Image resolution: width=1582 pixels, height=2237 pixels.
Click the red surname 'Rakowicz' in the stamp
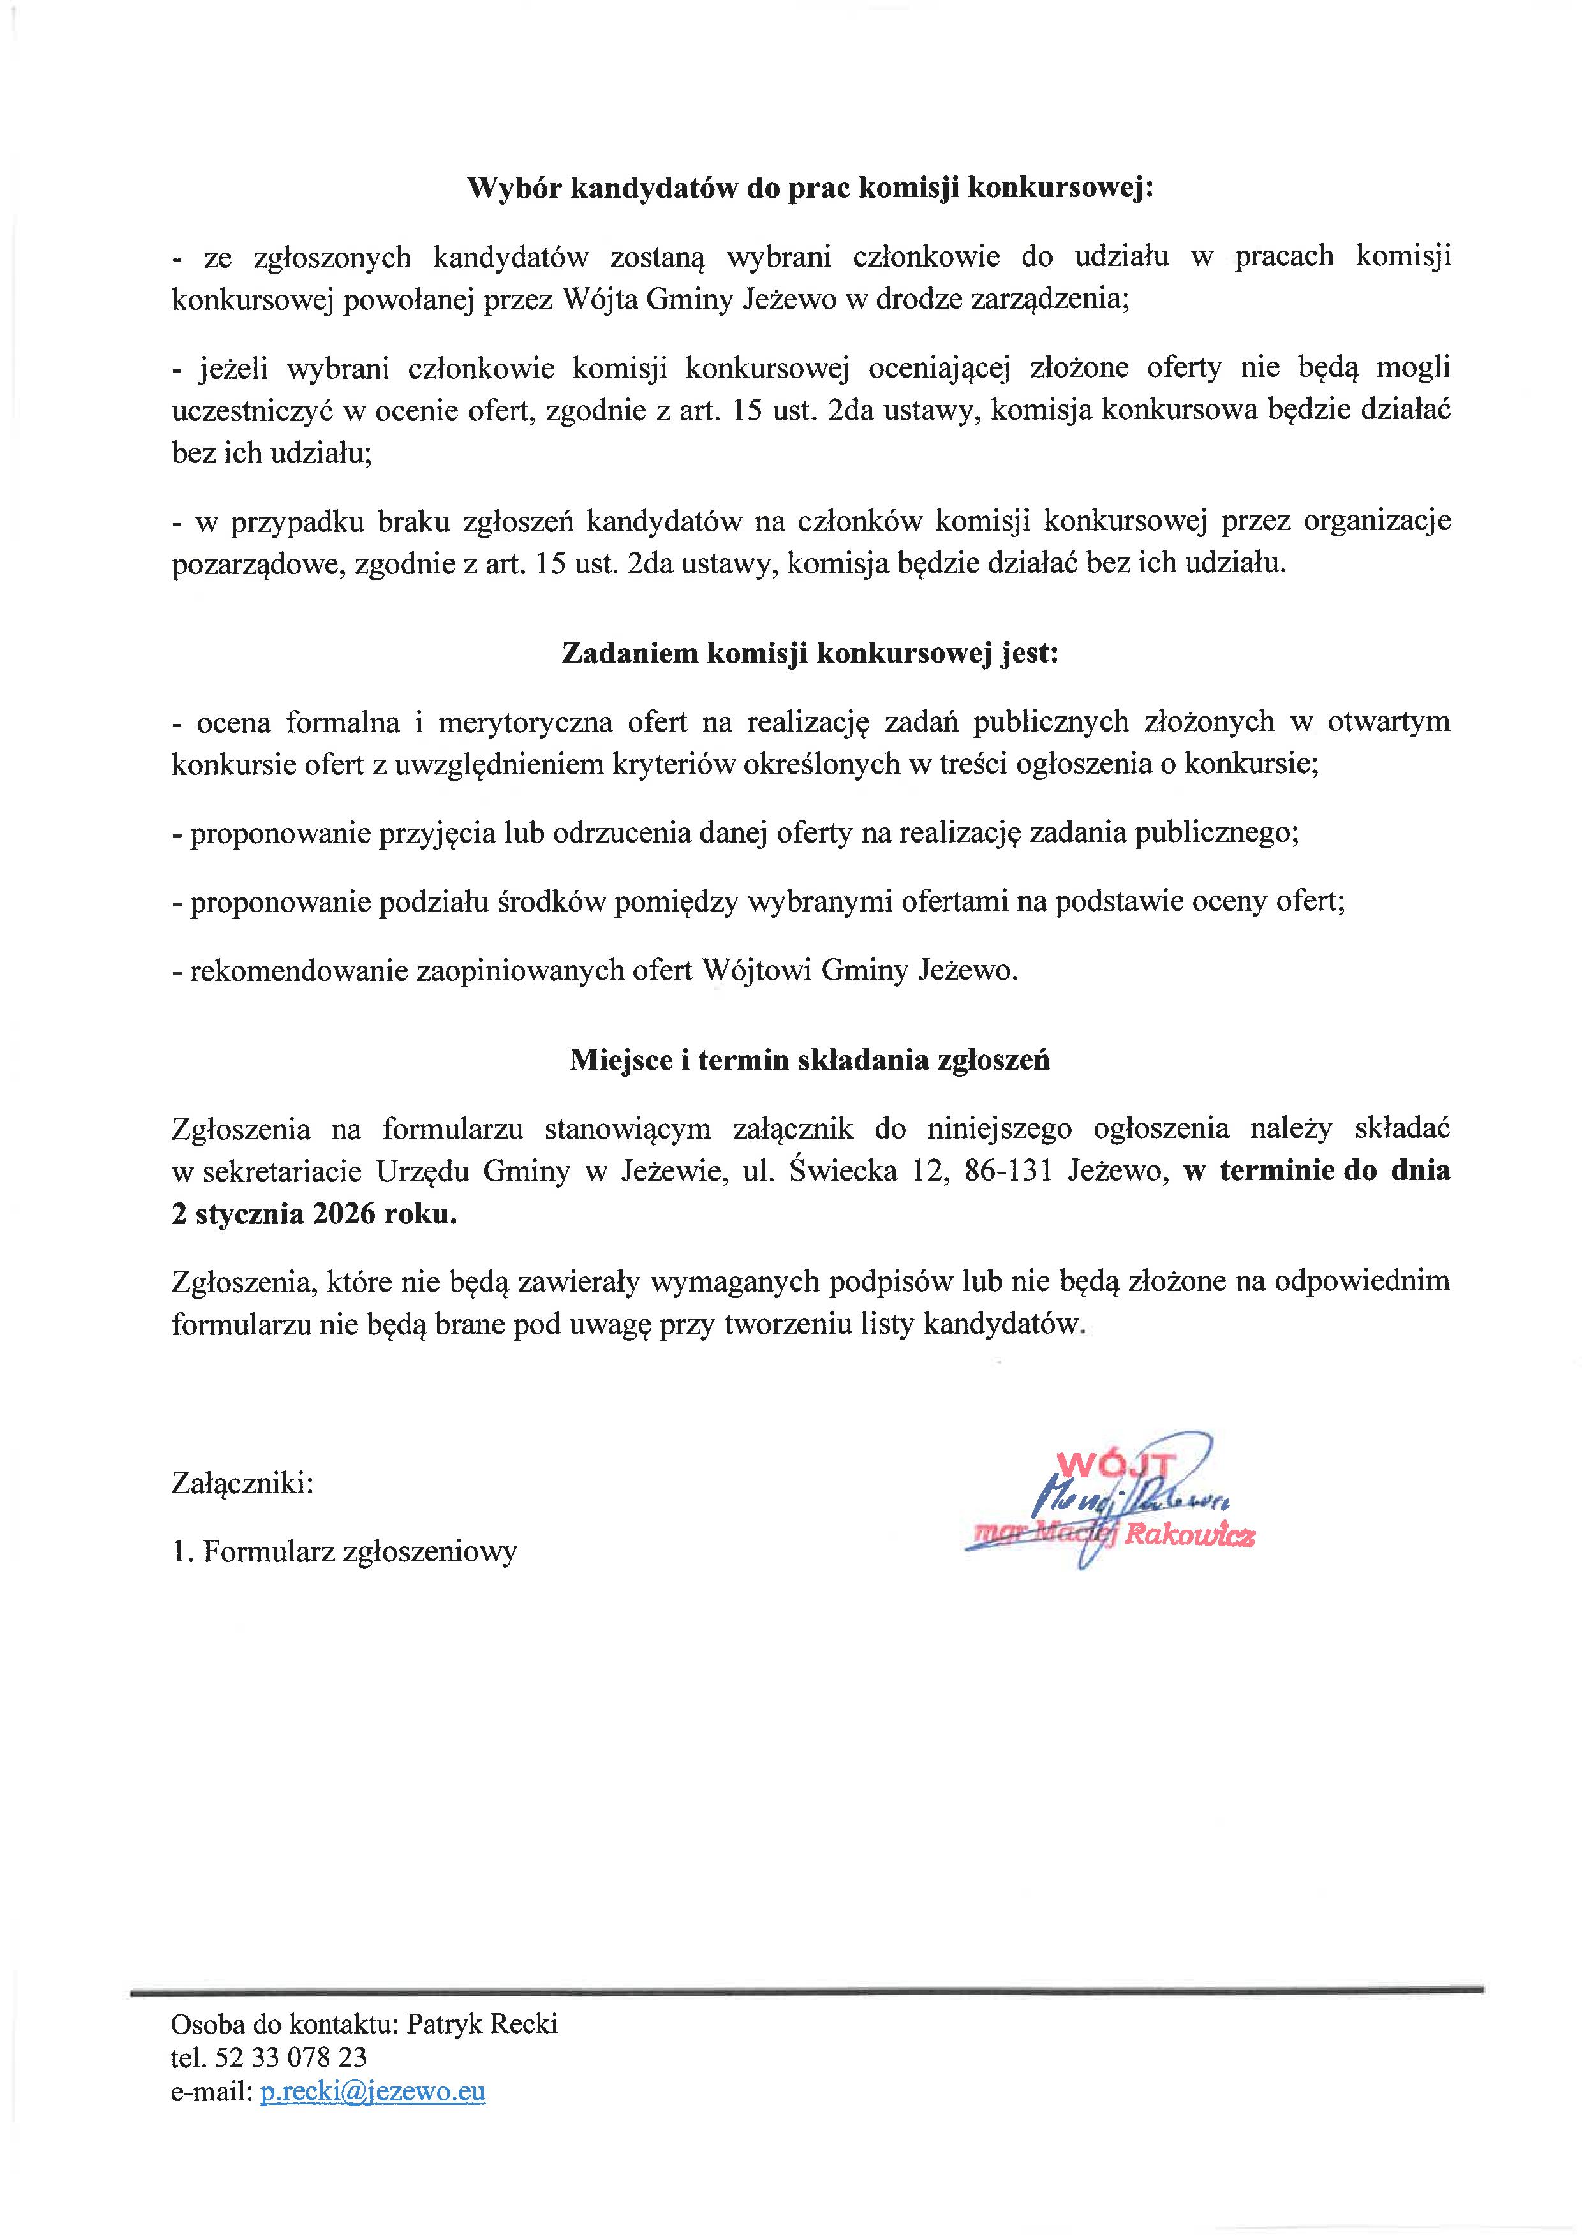point(1190,1537)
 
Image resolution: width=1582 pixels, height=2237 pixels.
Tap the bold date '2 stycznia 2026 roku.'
point(314,1215)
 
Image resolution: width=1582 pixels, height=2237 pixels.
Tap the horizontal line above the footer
point(806,1988)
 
